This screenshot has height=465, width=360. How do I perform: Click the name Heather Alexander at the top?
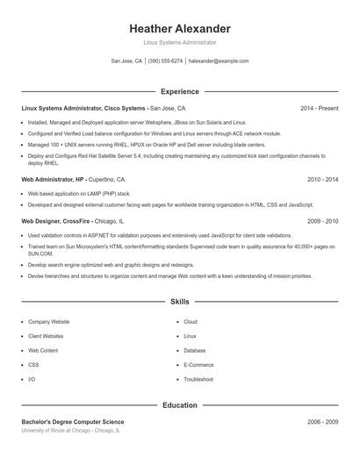(180, 28)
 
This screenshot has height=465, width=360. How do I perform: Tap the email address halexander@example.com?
(219, 61)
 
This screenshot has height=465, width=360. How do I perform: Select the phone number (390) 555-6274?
(165, 61)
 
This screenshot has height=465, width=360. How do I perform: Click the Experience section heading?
(180, 91)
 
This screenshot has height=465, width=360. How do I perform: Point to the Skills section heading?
(180, 301)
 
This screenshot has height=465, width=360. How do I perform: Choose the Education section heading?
(180, 405)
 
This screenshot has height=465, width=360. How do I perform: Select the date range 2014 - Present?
(319, 108)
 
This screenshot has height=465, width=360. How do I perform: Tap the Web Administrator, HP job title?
(54, 179)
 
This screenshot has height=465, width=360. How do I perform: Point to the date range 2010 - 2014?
(322, 179)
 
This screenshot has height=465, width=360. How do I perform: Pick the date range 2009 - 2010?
(322, 222)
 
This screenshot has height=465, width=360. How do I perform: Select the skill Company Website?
(48, 322)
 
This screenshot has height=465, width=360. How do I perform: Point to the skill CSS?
(33, 365)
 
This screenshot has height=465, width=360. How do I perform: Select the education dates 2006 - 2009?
(322, 422)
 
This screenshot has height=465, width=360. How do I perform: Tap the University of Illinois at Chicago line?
(70, 431)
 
